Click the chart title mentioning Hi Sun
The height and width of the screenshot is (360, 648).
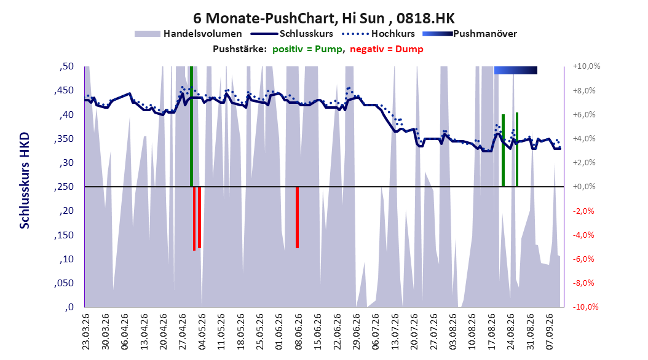pos(323,18)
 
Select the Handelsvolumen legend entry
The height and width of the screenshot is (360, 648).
pos(189,34)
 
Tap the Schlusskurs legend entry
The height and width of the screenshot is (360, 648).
pos(292,34)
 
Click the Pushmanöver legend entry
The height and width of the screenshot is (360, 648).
pos(470,34)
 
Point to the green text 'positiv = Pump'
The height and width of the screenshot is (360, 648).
pos(307,49)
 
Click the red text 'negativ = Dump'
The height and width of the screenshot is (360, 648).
pos(387,49)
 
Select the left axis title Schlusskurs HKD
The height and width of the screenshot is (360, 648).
pos(25,181)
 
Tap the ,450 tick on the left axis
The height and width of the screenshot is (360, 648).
pos(64,90)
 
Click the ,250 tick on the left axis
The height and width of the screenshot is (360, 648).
pos(64,187)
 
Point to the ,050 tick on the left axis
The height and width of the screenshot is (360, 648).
pos(64,283)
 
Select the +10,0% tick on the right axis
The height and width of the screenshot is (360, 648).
pos(587,66)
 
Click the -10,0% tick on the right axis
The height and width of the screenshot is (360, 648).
pos(585,307)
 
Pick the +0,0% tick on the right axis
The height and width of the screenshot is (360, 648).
pos(584,187)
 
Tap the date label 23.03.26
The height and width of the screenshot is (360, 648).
pos(85,332)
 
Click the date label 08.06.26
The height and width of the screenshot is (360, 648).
pos(298,332)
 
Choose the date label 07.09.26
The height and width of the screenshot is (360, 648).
pos(549,332)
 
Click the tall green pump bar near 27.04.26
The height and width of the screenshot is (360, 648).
pos(191,127)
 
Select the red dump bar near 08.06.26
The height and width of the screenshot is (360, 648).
pos(297,217)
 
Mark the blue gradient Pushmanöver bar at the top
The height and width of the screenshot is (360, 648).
pos(516,70)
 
